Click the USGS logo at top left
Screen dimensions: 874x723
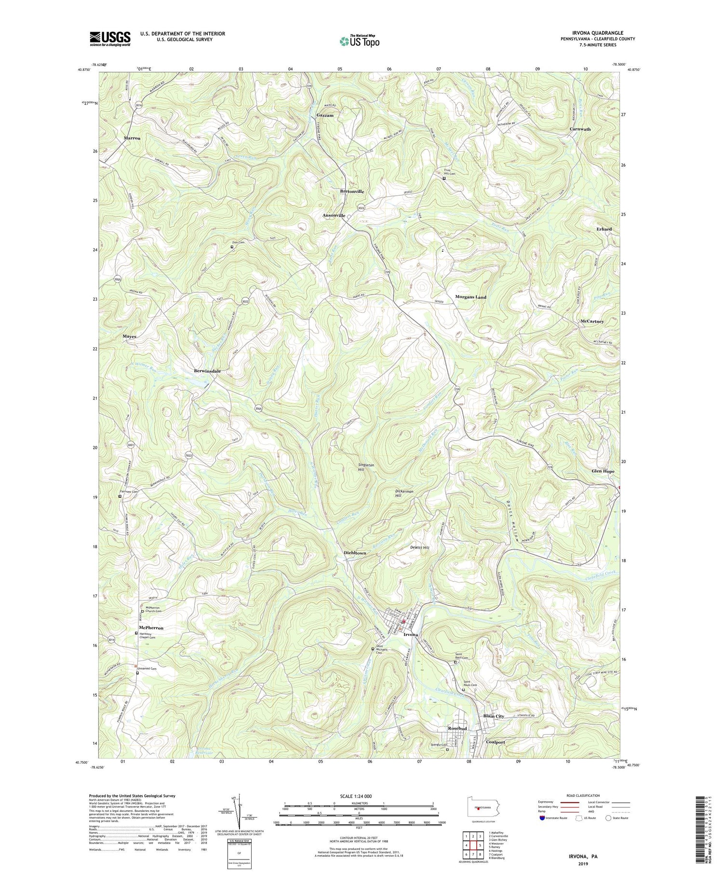click(x=110, y=39)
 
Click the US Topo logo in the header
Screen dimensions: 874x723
click(x=359, y=41)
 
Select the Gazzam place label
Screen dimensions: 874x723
click(x=325, y=116)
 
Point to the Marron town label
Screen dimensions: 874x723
click(x=132, y=138)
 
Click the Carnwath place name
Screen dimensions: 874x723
click(x=580, y=129)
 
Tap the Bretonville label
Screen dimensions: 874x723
click(x=352, y=191)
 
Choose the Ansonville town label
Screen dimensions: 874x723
click(x=334, y=215)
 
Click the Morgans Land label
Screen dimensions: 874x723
click(x=470, y=297)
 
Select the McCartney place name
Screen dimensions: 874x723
click(x=592, y=321)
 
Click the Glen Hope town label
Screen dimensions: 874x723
click(x=603, y=471)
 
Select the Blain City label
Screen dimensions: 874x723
click(x=494, y=716)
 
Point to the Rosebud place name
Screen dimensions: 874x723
click(x=457, y=728)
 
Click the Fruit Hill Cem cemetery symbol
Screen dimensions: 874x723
click(x=444, y=178)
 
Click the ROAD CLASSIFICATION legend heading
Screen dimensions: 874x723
click(x=583, y=795)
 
